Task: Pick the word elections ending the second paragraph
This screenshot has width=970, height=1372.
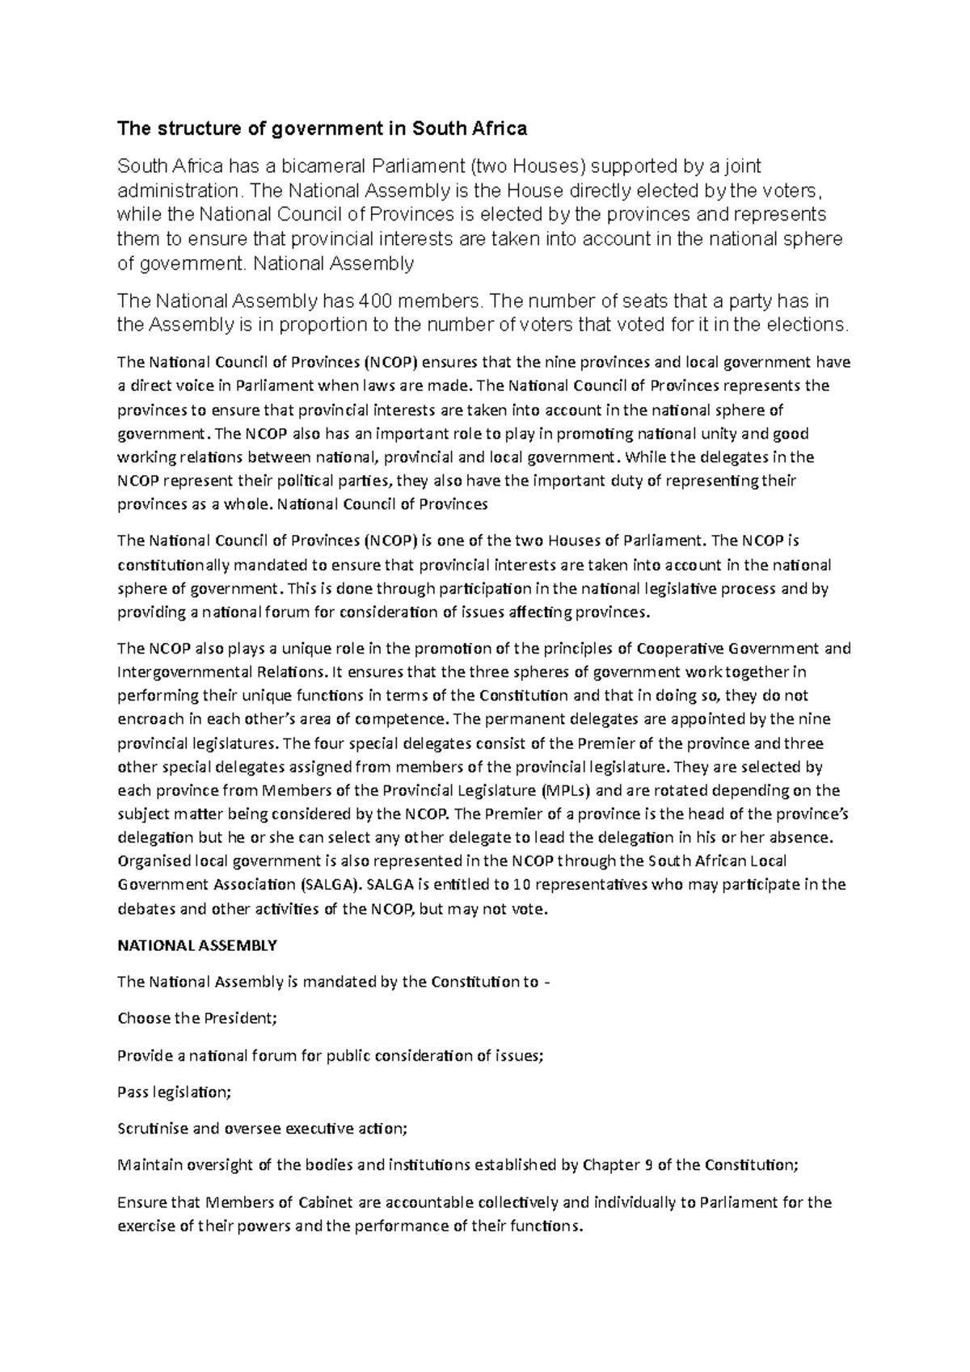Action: (809, 325)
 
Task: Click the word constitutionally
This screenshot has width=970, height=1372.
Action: (177, 564)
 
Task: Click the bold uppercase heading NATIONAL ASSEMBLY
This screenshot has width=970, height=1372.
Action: (197, 945)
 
